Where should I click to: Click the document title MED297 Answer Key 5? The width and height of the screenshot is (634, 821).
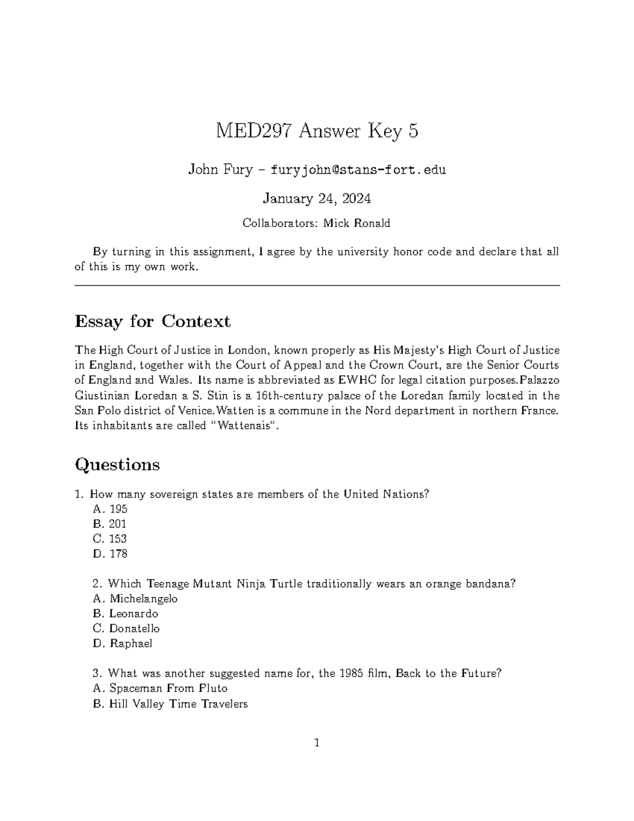coord(316,131)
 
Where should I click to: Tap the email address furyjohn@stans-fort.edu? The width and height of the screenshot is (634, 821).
coord(358,170)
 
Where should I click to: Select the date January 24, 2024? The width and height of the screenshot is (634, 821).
coord(316,199)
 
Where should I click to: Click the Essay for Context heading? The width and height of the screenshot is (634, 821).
coord(153,321)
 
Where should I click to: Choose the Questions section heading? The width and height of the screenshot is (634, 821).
coord(117,465)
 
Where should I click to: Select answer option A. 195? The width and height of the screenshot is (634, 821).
coord(110,509)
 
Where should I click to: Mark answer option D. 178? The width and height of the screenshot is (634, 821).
coord(110,554)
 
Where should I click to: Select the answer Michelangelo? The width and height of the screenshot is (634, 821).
coord(143,598)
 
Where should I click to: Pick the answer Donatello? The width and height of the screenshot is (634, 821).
coord(134,629)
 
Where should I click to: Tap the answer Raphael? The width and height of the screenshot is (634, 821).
coord(130,643)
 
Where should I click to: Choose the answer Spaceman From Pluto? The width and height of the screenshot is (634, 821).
coord(168,688)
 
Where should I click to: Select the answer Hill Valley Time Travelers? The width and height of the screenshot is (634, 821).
coord(178,704)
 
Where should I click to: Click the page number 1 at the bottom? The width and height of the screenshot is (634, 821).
coord(317,743)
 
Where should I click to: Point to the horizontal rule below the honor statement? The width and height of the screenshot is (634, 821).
coord(317,285)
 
